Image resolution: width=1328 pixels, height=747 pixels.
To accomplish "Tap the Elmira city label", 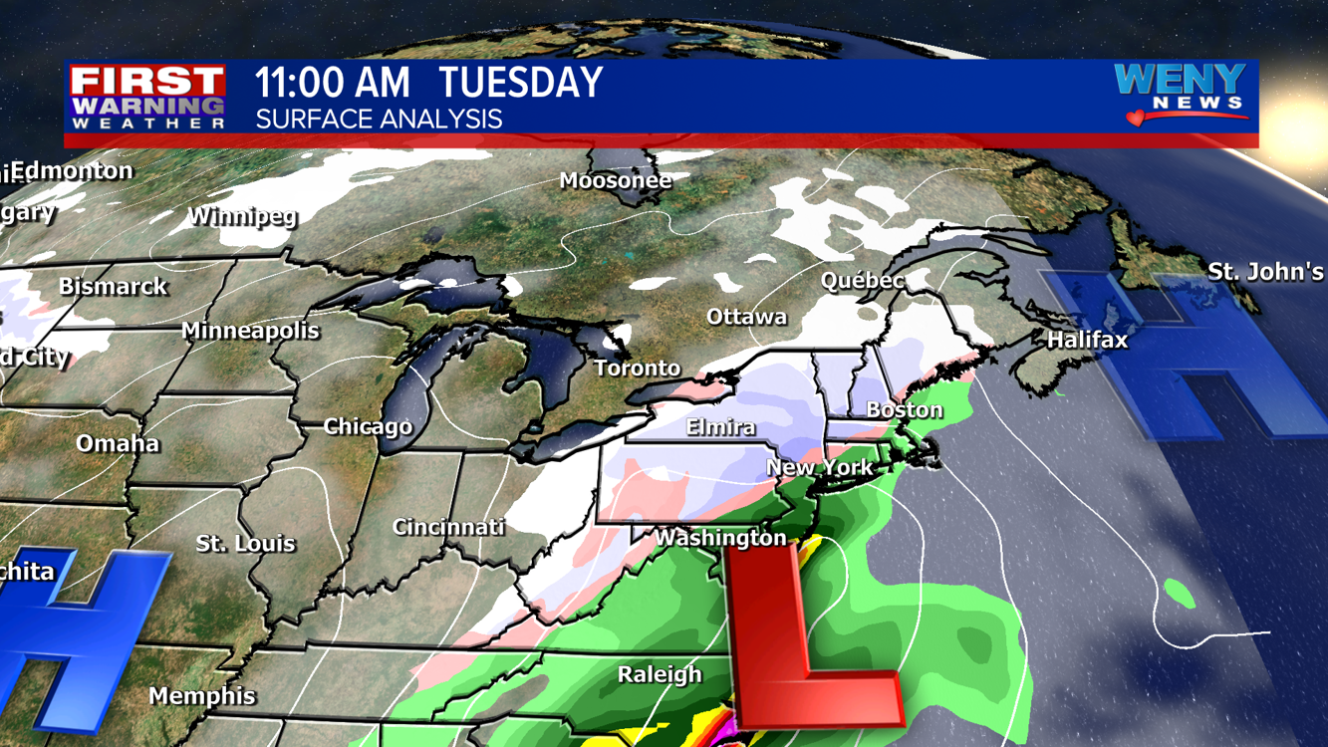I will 720,427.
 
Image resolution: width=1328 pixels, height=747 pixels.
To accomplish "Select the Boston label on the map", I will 904,409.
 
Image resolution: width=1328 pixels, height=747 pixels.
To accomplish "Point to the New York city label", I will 819,467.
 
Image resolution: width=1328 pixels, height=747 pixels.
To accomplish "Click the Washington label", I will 720,538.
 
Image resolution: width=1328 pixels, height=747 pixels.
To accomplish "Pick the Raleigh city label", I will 660,674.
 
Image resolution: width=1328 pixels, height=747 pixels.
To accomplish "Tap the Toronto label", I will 638,369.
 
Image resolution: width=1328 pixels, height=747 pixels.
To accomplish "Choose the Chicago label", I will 368,426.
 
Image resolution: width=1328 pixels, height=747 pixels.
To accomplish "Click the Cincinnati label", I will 448,527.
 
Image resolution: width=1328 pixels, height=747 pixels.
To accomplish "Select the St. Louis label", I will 245,544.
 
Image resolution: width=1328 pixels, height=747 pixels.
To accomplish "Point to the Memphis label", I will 202,696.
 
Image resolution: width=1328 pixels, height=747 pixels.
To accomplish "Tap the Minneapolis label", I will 250,331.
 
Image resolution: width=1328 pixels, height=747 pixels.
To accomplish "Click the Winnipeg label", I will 242,215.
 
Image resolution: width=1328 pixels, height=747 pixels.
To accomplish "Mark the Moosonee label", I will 615,180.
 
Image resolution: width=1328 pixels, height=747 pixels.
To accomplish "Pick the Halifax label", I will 1087,340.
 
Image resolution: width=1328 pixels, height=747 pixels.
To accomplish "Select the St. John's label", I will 1265,271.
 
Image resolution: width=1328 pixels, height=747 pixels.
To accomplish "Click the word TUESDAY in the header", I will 521,83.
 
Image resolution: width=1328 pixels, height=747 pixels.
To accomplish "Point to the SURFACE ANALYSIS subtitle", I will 379,120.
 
